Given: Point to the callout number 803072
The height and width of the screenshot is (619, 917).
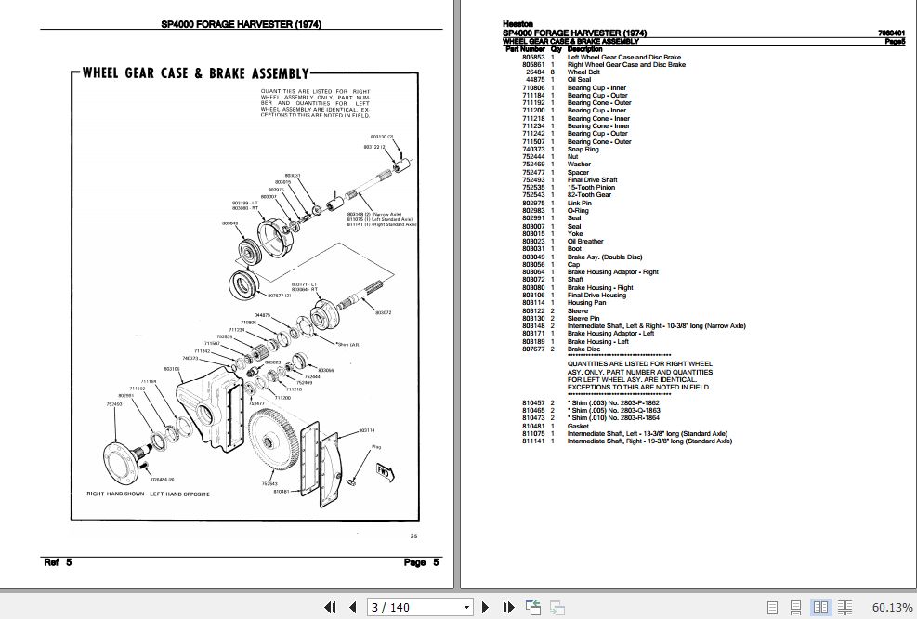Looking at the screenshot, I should (x=384, y=313).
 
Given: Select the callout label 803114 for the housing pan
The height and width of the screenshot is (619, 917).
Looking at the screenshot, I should (x=367, y=430).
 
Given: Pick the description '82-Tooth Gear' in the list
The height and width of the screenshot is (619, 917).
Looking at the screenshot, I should (x=589, y=195).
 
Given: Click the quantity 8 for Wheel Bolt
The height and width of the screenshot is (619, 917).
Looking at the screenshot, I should (x=553, y=72).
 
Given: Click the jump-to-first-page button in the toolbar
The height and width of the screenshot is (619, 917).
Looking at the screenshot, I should (x=329, y=607).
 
